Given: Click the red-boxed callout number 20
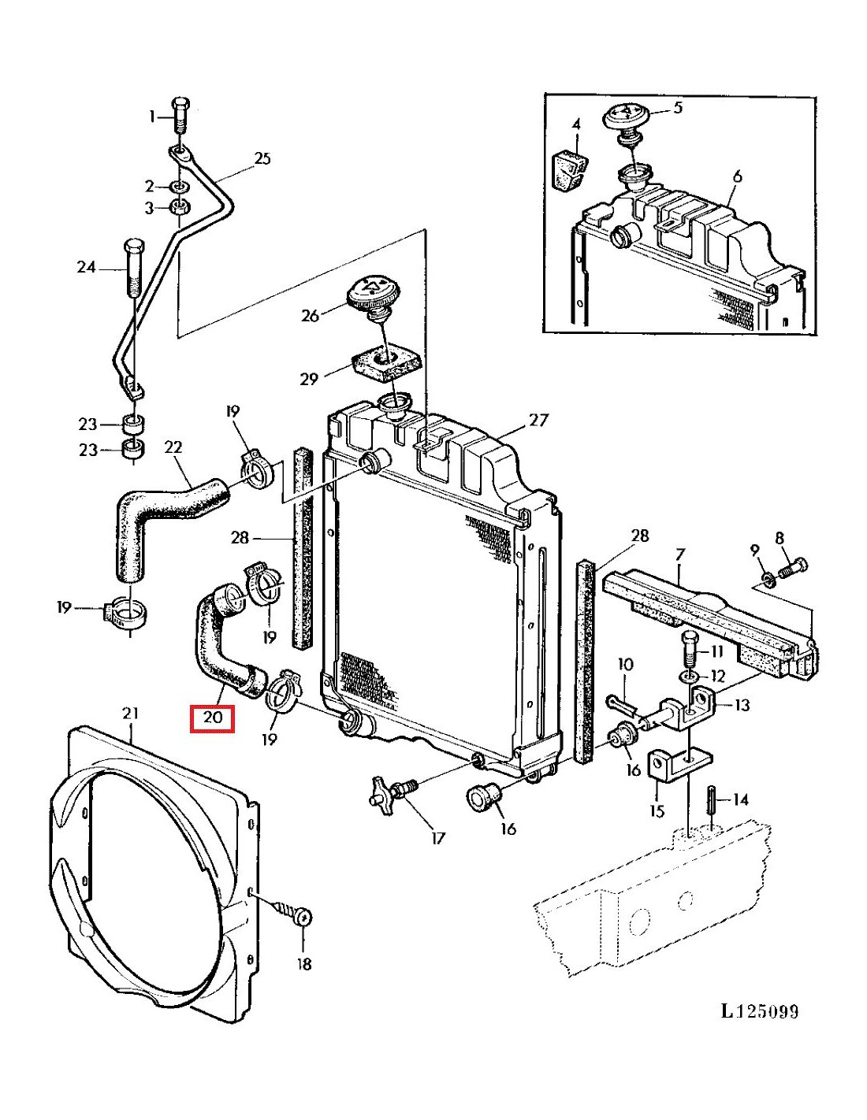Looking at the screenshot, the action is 213,717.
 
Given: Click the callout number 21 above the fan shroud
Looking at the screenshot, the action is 130,713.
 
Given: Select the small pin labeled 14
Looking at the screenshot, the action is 712,807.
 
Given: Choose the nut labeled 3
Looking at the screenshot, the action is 179,207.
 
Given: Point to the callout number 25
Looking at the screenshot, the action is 262,158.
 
